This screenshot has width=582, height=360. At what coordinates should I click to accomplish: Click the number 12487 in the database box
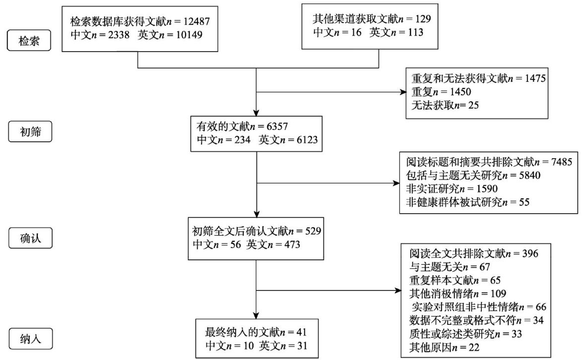(x=197, y=22)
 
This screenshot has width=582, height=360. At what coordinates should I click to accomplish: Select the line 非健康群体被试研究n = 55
(x=467, y=202)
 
